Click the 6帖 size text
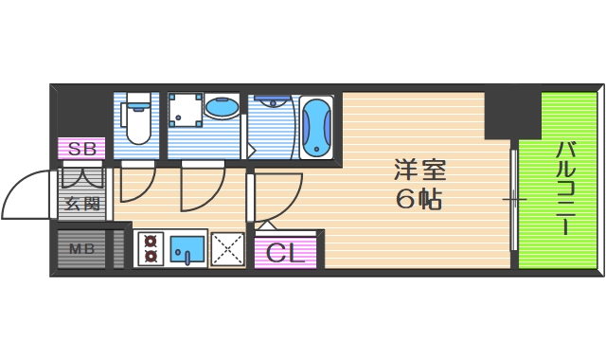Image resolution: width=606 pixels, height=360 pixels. pyautogui.click(x=420, y=201)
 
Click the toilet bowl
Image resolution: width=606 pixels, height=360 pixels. pyautogui.click(x=138, y=123)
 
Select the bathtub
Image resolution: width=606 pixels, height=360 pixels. pyautogui.click(x=316, y=127)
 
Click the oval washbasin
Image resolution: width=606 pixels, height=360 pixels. pyautogui.click(x=222, y=110)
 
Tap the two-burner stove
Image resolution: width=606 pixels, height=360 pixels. pyautogui.click(x=150, y=249)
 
